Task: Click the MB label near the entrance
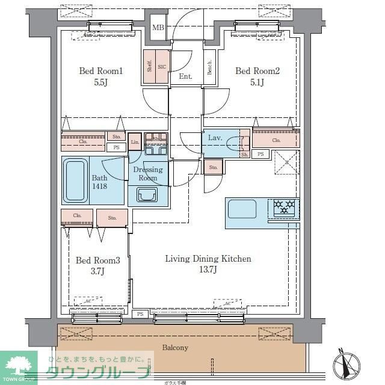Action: pos(158,28)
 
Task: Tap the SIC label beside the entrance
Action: pos(161,66)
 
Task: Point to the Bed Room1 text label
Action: pos(101,72)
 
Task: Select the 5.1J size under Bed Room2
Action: pos(257,82)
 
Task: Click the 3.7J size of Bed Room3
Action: pos(97,271)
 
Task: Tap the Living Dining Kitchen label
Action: pos(208,259)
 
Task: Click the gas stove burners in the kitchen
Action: pos(285,208)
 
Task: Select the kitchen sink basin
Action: pos(242,209)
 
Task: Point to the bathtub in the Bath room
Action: pos(75,179)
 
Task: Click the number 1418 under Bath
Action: pos(100,187)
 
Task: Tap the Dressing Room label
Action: pos(147,174)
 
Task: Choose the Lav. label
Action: pos(215,138)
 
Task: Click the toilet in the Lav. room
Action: pos(244,143)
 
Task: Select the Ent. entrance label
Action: pos(185,76)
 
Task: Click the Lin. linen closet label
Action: pos(135,141)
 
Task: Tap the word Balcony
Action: pos(175,348)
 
